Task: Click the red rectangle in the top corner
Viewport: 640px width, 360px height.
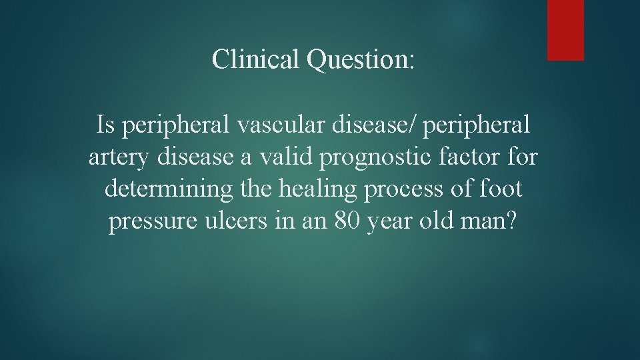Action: (565, 30)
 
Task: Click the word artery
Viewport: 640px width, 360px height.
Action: (113, 159)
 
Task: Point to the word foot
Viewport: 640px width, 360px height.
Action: (500, 190)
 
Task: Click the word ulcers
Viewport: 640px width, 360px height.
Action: (233, 223)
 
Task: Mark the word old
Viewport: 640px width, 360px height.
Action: (443, 223)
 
